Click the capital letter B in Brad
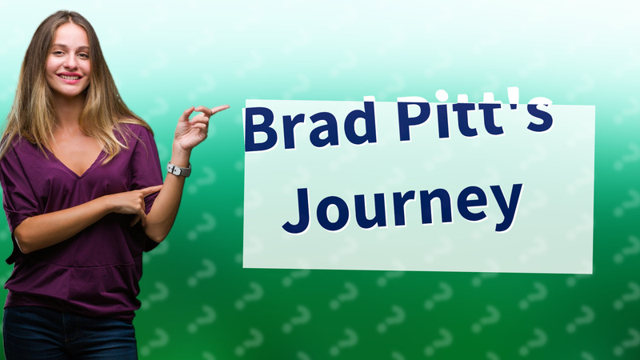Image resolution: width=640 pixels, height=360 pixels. click(262, 128)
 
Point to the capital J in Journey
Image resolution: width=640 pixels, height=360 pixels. click(298, 206)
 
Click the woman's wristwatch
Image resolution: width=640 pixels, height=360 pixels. click(179, 170)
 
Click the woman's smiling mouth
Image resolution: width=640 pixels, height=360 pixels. click(70, 78)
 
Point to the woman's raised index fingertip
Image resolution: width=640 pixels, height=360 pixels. click(225, 107)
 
